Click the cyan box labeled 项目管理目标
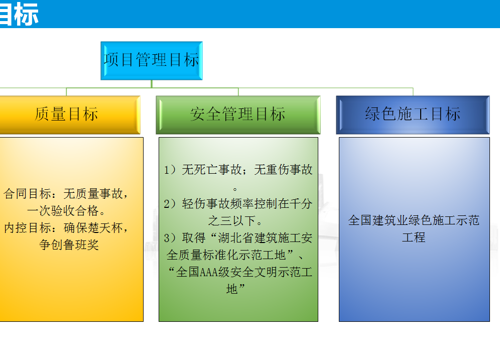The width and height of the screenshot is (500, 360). [x=152, y=61]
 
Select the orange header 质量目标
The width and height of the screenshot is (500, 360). [x=70, y=115]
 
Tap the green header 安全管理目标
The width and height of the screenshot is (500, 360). [x=238, y=115]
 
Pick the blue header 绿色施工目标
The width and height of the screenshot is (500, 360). [x=413, y=115]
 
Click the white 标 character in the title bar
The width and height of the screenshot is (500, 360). [x=27, y=14]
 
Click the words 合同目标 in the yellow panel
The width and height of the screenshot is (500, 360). [x=27, y=193]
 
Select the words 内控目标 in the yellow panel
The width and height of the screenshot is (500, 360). [x=27, y=227]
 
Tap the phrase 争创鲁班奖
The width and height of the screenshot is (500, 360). [x=69, y=245]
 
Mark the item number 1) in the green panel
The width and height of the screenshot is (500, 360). [x=170, y=169]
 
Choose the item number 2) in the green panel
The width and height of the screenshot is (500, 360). [x=170, y=203]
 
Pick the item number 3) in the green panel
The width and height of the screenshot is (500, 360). [x=170, y=238]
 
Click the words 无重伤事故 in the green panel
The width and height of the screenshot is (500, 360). [x=283, y=169]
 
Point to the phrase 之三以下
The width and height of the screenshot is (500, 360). [x=232, y=220]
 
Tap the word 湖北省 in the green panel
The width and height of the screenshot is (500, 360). [x=236, y=238]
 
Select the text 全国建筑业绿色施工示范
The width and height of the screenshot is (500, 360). [x=414, y=220]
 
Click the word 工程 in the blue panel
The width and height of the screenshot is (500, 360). [x=414, y=237]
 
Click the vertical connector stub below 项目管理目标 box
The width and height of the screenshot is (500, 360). [x=152, y=84]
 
